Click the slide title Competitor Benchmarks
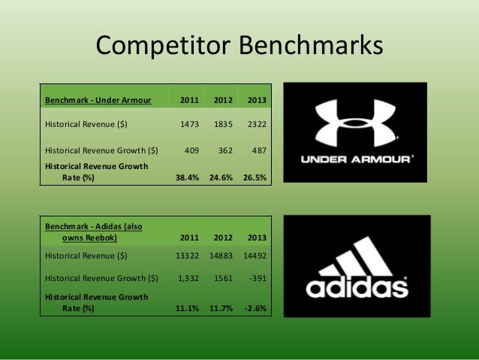(x=239, y=47)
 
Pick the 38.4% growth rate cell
(x=186, y=177)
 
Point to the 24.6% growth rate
(x=220, y=177)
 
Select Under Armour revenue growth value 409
(x=191, y=150)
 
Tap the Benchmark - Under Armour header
(x=98, y=100)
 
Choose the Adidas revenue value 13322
(x=185, y=256)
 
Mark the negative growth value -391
(x=255, y=280)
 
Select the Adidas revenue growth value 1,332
(x=188, y=280)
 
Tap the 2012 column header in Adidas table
(x=221, y=238)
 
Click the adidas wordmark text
(x=356, y=288)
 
